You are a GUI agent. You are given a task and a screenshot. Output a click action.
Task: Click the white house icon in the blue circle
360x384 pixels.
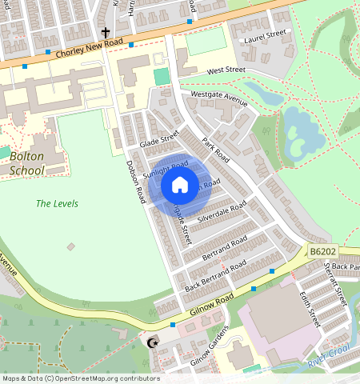180,186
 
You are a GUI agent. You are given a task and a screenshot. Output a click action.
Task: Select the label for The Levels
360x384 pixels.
57,204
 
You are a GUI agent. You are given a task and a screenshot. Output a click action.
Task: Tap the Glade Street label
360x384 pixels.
159,139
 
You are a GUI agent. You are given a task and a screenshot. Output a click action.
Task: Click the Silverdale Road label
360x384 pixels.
225,210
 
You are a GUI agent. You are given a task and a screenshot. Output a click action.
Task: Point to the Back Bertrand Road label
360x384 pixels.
215,276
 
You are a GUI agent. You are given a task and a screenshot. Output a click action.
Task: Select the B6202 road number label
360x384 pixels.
323,252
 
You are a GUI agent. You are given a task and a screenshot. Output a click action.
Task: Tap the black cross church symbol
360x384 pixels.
105,33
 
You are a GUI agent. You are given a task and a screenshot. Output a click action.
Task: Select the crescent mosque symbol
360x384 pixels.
154,344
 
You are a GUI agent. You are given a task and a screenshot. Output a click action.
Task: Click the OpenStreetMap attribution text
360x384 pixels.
80,378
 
